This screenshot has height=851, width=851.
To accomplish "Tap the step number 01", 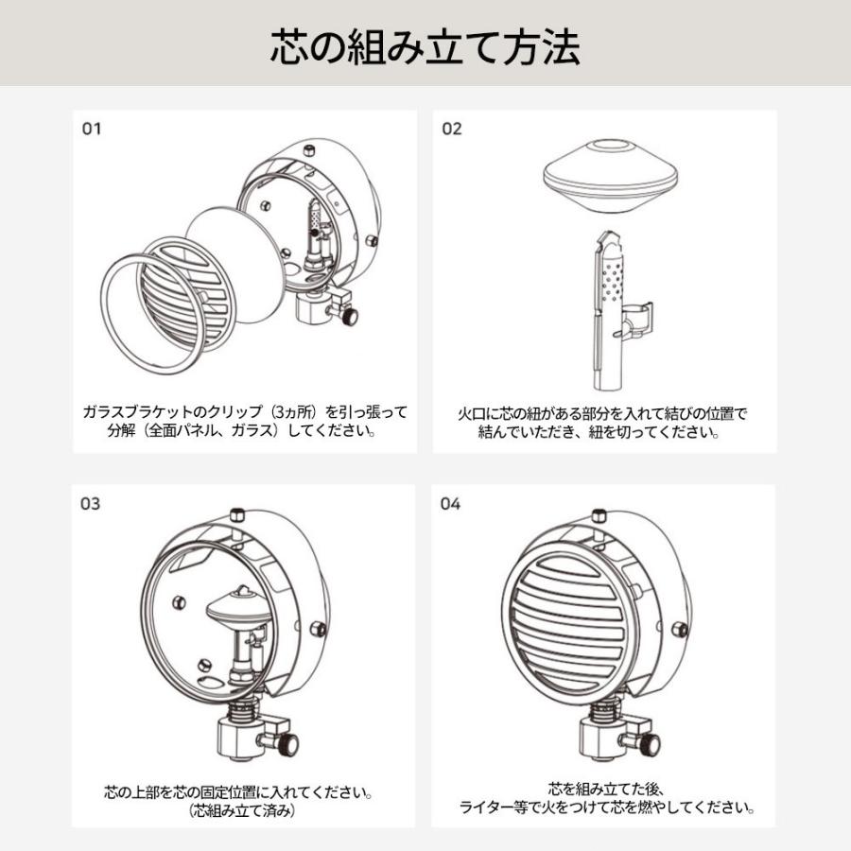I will [x=91, y=129].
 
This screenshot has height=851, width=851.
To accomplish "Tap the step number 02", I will [x=452, y=129].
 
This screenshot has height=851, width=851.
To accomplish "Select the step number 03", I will [x=91, y=504].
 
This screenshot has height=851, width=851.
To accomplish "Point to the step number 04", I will [x=452, y=504].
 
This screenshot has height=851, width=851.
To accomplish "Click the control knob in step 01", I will [x=350, y=314].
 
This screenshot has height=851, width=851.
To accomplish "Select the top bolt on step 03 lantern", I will [x=238, y=514].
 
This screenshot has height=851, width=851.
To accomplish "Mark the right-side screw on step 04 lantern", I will [x=678, y=629].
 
